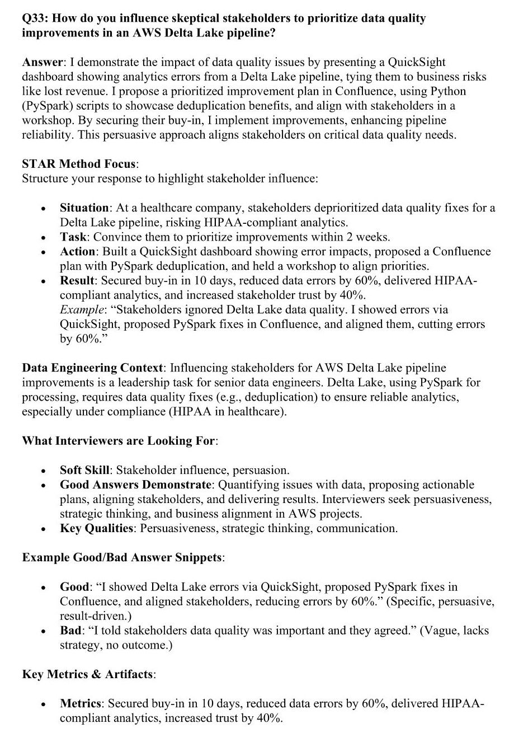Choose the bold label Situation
pyautogui.click(x=84, y=208)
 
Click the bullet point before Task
pyautogui.click(x=43, y=237)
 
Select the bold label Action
pyautogui.click(x=78, y=252)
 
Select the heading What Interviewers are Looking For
pyautogui.click(x=118, y=441)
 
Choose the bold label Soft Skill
pyautogui.click(x=84, y=470)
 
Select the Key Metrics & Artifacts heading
pyautogui.click(x=87, y=675)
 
